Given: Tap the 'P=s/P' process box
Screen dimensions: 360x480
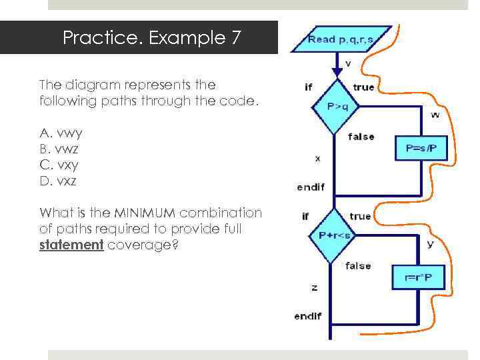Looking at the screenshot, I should click(x=421, y=147).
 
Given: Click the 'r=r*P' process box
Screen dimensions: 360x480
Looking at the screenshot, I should click(x=417, y=276).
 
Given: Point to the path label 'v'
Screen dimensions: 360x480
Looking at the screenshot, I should click(x=348, y=64).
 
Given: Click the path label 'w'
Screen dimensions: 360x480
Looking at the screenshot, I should click(x=435, y=115).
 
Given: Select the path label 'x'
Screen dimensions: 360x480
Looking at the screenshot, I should click(x=317, y=159).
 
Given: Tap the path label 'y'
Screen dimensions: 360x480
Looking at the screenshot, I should click(x=430, y=244).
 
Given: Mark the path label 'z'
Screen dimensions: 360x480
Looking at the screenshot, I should click(x=314, y=287).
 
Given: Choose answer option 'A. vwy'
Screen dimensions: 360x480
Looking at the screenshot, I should click(x=61, y=133).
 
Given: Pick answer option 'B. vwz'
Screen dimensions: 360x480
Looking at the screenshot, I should click(x=61, y=149).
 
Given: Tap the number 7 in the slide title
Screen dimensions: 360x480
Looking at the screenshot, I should click(x=235, y=38).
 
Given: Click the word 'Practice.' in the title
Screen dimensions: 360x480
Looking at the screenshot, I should click(x=103, y=38).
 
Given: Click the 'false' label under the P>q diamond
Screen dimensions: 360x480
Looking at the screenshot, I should click(x=361, y=137).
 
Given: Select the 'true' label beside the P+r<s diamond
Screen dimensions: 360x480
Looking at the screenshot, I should click(x=360, y=217).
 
